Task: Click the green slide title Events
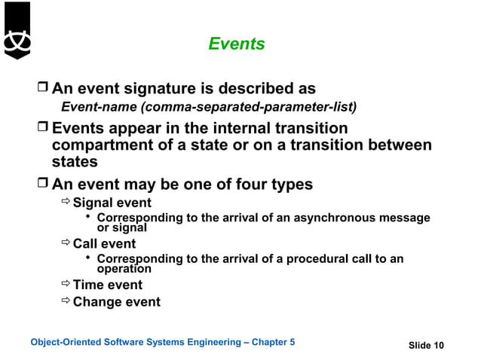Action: click(x=237, y=44)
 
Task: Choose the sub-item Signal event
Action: click(x=112, y=203)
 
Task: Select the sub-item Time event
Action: click(x=107, y=285)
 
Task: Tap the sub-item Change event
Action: click(x=116, y=302)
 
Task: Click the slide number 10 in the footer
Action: click(x=438, y=346)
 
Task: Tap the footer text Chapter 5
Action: click(x=272, y=343)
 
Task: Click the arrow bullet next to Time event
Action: click(x=66, y=285)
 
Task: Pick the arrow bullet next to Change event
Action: click(x=66, y=302)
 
